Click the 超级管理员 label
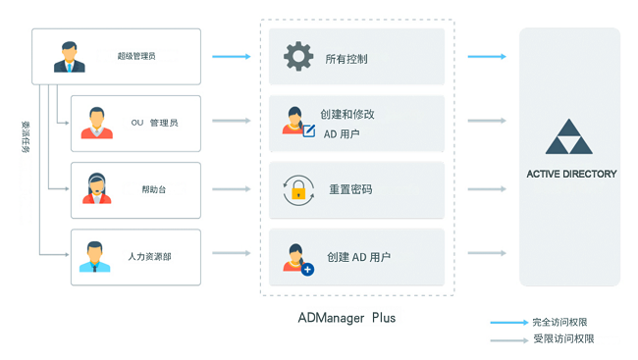click(x=135, y=57)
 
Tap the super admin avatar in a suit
click(x=69, y=57)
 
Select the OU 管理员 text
click(x=154, y=123)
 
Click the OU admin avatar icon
click(x=95, y=123)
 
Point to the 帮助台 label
click(x=153, y=189)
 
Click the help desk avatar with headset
click(x=96, y=188)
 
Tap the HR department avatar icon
click(x=95, y=257)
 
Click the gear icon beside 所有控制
click(x=298, y=57)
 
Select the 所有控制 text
click(x=346, y=59)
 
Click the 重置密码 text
click(x=350, y=189)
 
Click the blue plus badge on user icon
click(x=307, y=268)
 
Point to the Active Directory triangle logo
click(x=569, y=138)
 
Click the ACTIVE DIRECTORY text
click(x=571, y=174)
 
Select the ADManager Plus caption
click(x=346, y=318)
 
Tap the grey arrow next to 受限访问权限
click(x=508, y=339)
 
